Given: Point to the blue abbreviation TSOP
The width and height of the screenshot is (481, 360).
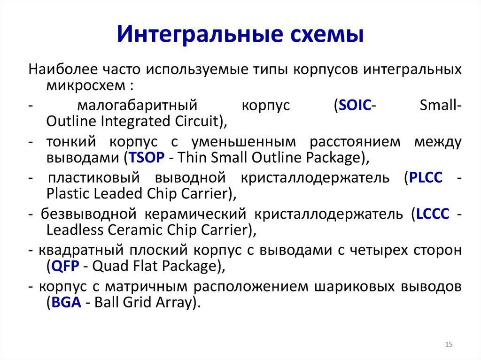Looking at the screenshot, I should tap(145, 158).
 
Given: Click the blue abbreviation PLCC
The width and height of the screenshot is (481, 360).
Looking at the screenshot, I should tap(426, 178).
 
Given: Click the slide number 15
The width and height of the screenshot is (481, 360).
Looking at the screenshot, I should tap(448, 345).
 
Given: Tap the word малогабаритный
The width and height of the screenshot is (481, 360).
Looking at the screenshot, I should tap(136, 106).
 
